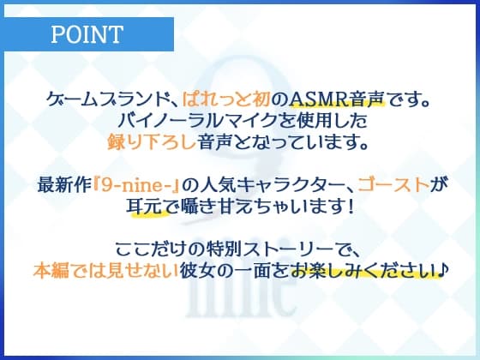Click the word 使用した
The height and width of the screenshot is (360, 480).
coord(321,123)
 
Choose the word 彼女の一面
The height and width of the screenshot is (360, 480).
coord(234,270)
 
